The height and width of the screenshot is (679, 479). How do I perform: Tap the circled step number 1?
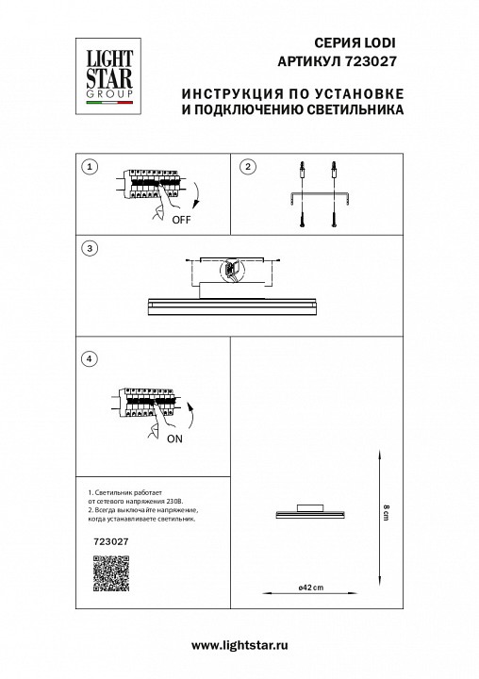tap(90, 167)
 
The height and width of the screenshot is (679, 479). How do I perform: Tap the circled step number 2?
tap(247, 167)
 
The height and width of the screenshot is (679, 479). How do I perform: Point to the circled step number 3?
tap(90, 248)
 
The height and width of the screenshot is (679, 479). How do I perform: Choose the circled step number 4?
tap(90, 358)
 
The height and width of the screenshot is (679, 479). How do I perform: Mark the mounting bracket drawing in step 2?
tap(319, 197)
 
